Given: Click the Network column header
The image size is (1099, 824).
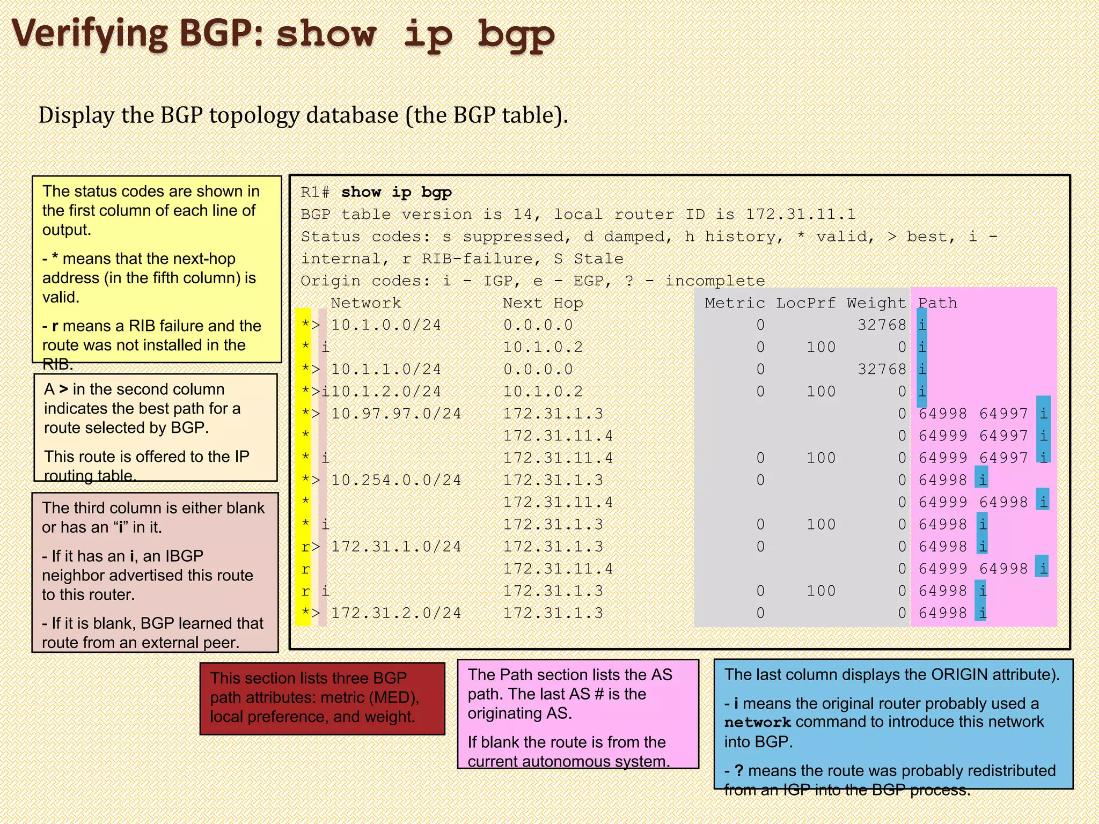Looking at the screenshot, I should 365,303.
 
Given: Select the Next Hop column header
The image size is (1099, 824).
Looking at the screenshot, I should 543,303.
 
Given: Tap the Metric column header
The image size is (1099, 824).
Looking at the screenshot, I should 735,303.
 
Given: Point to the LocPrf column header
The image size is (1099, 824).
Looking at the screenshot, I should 805,303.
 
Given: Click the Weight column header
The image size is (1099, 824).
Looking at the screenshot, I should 876,303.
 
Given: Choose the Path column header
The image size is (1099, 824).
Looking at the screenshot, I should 937,303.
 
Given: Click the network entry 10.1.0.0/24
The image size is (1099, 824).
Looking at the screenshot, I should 386,325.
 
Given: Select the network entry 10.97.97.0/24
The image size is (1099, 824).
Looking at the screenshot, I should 396,414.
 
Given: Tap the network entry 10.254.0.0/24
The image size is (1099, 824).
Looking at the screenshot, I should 396,480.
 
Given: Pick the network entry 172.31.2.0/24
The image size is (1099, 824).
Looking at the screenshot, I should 396,613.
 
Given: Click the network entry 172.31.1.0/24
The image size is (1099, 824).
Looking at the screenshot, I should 396,547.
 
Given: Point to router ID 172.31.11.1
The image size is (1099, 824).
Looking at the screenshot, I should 801,215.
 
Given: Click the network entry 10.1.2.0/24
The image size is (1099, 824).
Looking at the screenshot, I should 386,392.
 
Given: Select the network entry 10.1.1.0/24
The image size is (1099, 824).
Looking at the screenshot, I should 386,370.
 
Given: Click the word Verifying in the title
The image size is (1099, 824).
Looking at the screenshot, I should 90,33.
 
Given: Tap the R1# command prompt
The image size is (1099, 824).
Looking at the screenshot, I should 314,193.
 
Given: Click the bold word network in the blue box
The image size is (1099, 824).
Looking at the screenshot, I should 757,723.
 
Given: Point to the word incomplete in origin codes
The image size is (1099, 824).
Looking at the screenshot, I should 715,281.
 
